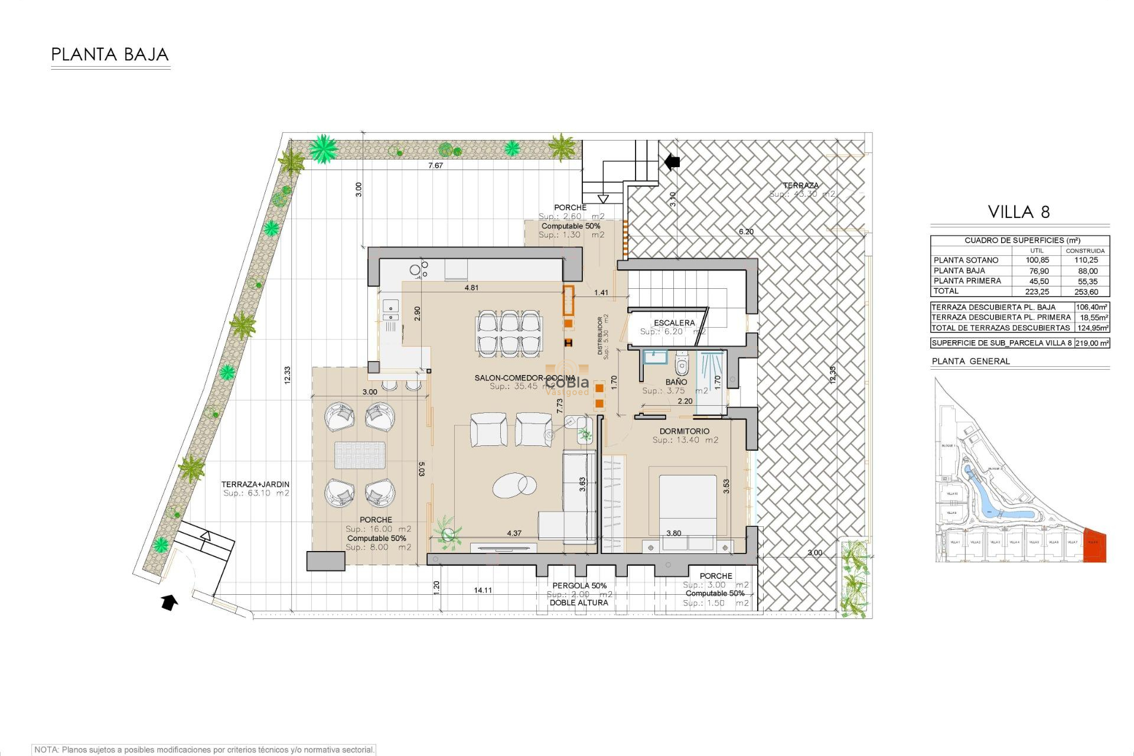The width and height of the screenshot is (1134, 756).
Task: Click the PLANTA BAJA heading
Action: [110, 55]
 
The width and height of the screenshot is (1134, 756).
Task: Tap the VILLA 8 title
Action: [1019, 212]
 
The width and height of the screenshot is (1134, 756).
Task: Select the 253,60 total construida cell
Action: [1086, 292]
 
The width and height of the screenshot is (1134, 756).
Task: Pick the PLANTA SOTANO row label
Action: [966, 260]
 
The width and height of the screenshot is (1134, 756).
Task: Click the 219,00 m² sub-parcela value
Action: [1091, 343]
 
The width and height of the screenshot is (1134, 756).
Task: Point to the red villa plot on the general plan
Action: [1095, 546]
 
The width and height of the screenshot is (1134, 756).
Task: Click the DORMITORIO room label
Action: [685, 432]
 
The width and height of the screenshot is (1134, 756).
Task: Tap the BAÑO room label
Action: [676, 382]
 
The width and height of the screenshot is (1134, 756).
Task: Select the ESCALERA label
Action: [674, 323]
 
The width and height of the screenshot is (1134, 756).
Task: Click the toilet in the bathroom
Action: [682, 365]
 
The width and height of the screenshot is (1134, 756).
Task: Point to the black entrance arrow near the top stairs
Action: [672, 161]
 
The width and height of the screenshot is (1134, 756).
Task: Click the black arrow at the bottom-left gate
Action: [170, 602]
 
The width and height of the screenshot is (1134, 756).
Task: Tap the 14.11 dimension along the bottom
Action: [483, 590]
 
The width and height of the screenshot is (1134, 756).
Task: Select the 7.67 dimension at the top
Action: [435, 166]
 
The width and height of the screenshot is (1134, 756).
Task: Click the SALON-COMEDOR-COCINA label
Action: [524, 378]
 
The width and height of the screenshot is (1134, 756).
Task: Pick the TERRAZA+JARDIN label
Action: [255, 484]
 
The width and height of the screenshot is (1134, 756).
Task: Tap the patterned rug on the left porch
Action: [360, 455]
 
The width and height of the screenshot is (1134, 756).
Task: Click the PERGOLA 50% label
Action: [579, 586]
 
